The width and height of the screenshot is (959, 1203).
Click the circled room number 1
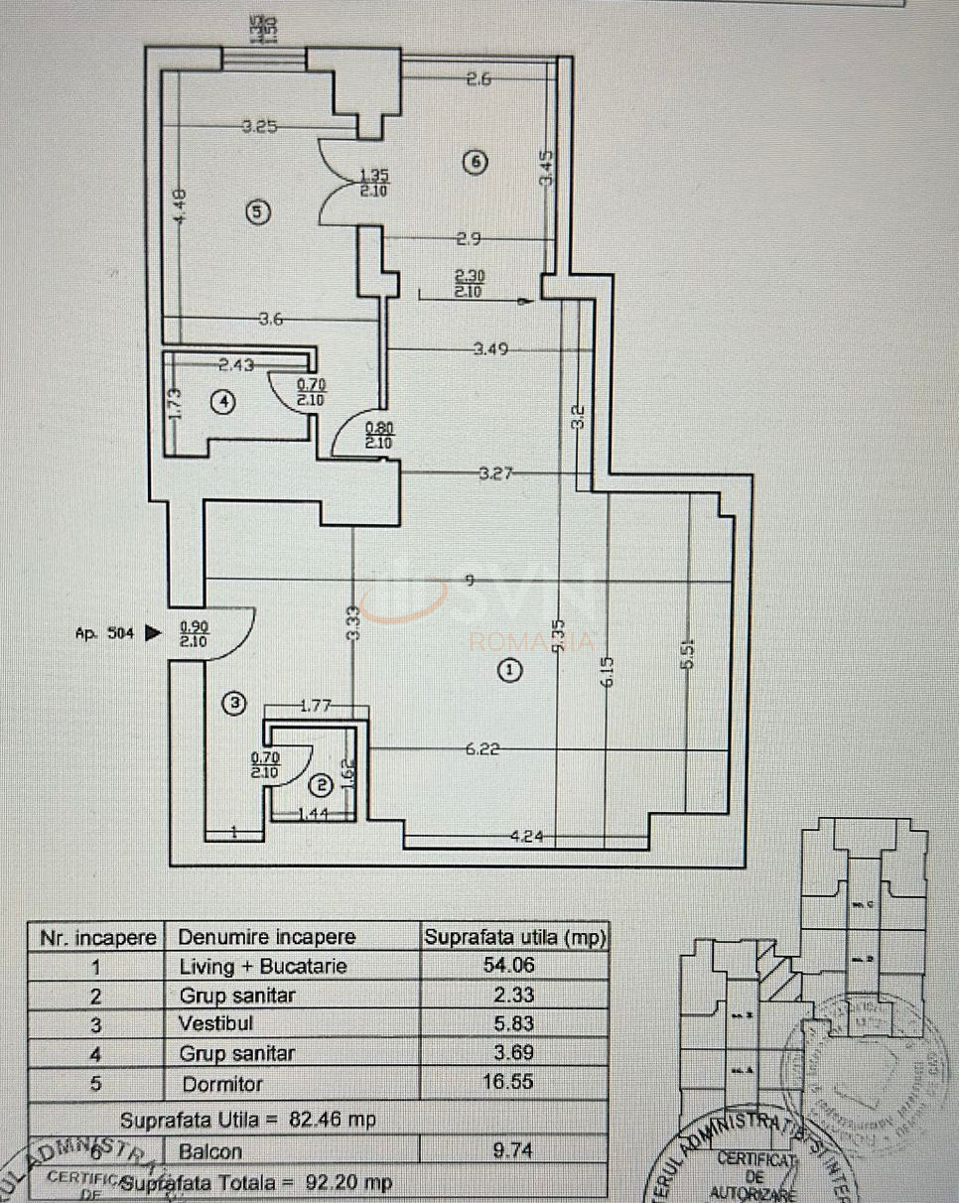510,671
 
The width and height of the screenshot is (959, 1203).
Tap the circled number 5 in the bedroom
257,211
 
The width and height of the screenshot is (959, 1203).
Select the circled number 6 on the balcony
476,163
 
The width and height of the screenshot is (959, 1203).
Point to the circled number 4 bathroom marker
225,401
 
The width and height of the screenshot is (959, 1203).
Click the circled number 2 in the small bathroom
321,786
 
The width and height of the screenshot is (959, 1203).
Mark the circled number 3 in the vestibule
234,704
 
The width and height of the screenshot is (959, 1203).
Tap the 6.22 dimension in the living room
483,750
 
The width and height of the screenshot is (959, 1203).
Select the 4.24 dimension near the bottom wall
527,836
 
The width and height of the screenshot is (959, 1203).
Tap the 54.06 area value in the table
515,967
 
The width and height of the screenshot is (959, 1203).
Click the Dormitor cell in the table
216,1082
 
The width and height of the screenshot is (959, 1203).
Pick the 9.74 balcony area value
514,1151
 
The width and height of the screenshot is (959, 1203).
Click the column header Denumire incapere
266,937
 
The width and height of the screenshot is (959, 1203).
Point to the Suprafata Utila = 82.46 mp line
248,1120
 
